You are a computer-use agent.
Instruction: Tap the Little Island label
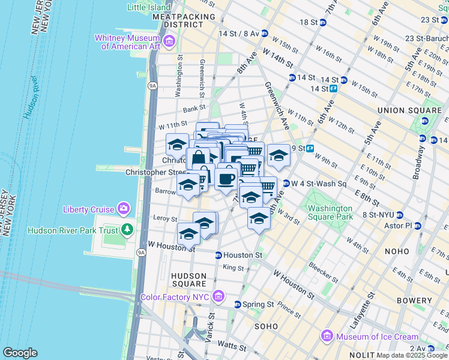click(150, 8)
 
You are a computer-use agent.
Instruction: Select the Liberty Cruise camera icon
click(124, 209)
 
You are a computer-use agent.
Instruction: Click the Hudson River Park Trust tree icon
click(127, 229)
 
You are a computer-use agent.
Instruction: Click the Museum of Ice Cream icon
click(327, 336)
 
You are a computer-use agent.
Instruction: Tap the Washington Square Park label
click(330, 213)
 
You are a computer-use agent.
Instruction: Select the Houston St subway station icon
click(218, 256)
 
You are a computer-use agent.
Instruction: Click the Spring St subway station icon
click(238, 304)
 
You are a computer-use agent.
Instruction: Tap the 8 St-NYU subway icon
click(399, 214)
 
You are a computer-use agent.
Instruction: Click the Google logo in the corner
click(20, 353)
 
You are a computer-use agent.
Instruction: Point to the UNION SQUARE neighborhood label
click(409, 111)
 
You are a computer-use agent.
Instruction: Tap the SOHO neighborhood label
click(265, 326)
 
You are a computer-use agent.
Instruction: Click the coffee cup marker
click(226, 178)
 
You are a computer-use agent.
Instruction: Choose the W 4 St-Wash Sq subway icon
click(286, 184)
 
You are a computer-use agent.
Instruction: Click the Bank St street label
click(194, 109)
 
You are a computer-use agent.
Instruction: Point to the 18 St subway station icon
click(323, 22)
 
